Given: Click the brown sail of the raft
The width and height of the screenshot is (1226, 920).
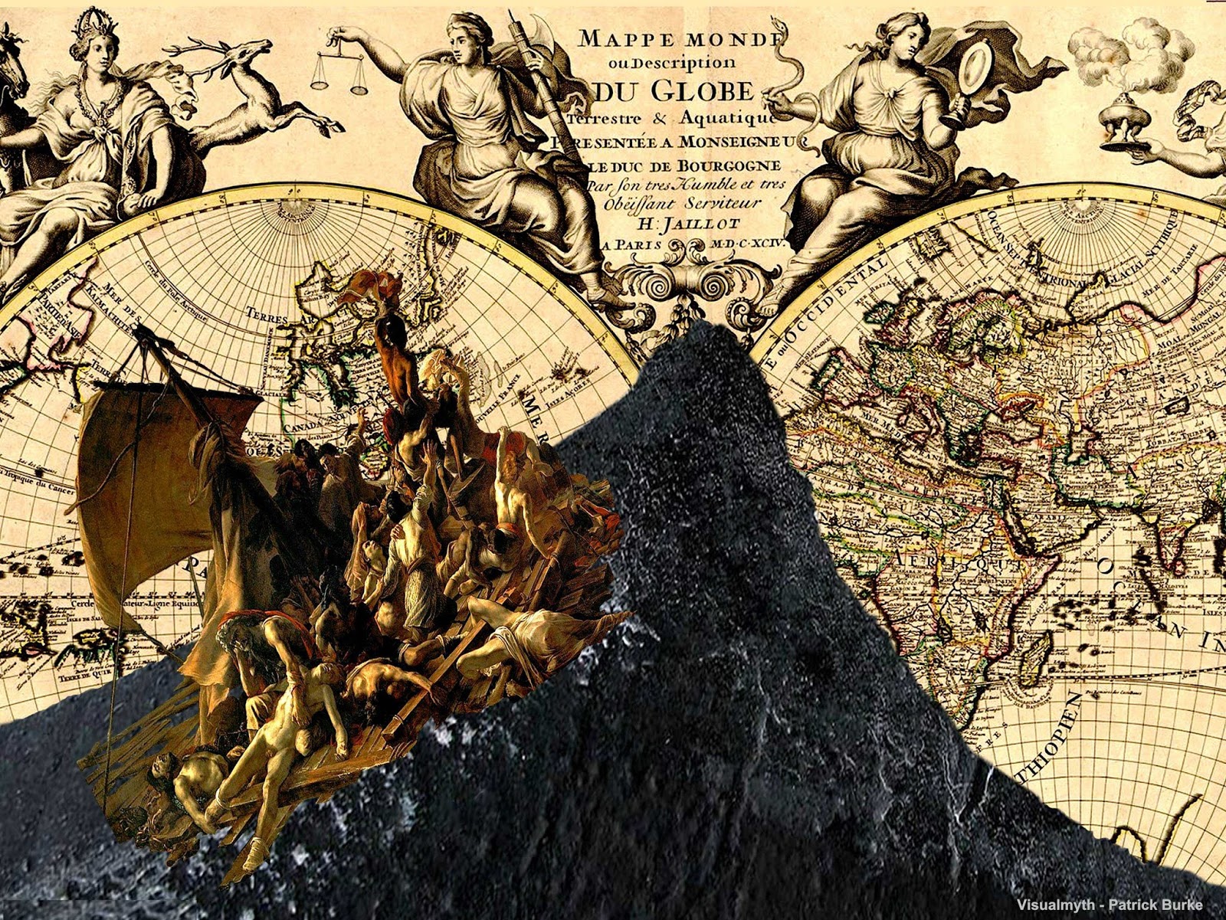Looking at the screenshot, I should (x=146, y=475).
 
